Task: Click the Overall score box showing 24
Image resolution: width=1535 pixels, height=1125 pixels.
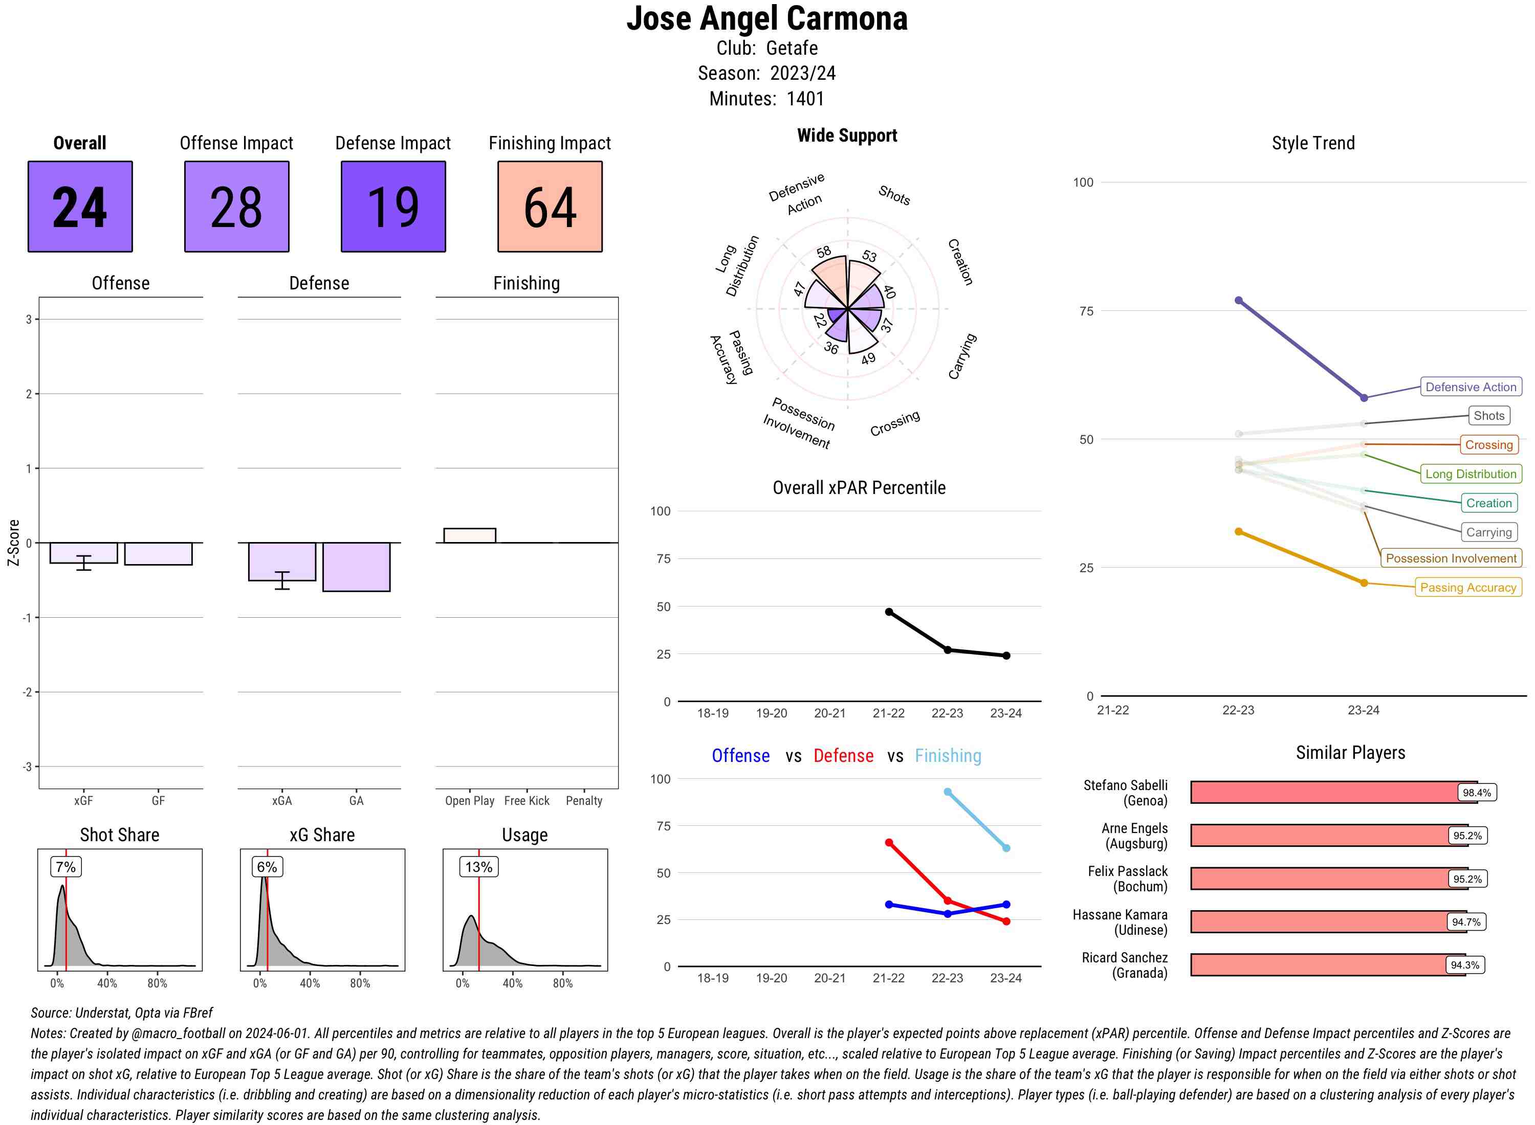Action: click(80, 207)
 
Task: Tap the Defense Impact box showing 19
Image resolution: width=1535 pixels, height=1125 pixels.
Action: click(393, 207)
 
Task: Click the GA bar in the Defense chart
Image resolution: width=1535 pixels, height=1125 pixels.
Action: click(356, 567)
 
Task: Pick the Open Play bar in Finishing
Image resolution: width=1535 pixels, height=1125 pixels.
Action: click(469, 535)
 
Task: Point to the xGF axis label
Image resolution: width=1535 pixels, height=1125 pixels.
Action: click(83, 801)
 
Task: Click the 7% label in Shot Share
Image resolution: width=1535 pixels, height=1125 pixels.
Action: click(65, 867)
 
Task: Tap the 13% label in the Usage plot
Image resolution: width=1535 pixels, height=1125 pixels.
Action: click(478, 867)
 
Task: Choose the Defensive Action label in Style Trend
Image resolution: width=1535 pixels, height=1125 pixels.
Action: click(1471, 387)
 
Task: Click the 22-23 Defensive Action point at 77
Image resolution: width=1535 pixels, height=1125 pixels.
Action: click(1239, 300)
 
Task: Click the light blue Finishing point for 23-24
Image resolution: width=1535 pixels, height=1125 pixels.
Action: click(1006, 848)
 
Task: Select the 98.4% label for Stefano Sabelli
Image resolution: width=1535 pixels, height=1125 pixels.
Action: click(1476, 793)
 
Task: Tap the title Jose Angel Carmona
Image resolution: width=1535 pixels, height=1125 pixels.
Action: click(766, 18)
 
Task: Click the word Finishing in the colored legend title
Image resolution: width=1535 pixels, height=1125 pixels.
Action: click(948, 756)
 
